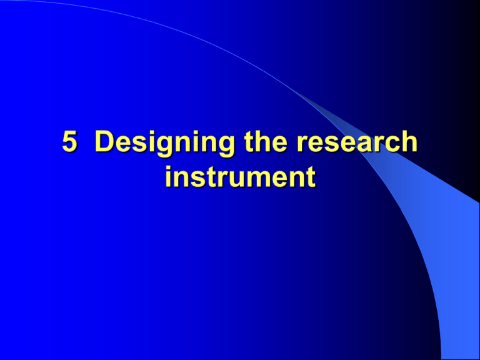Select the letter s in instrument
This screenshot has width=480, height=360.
coord(196,178)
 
